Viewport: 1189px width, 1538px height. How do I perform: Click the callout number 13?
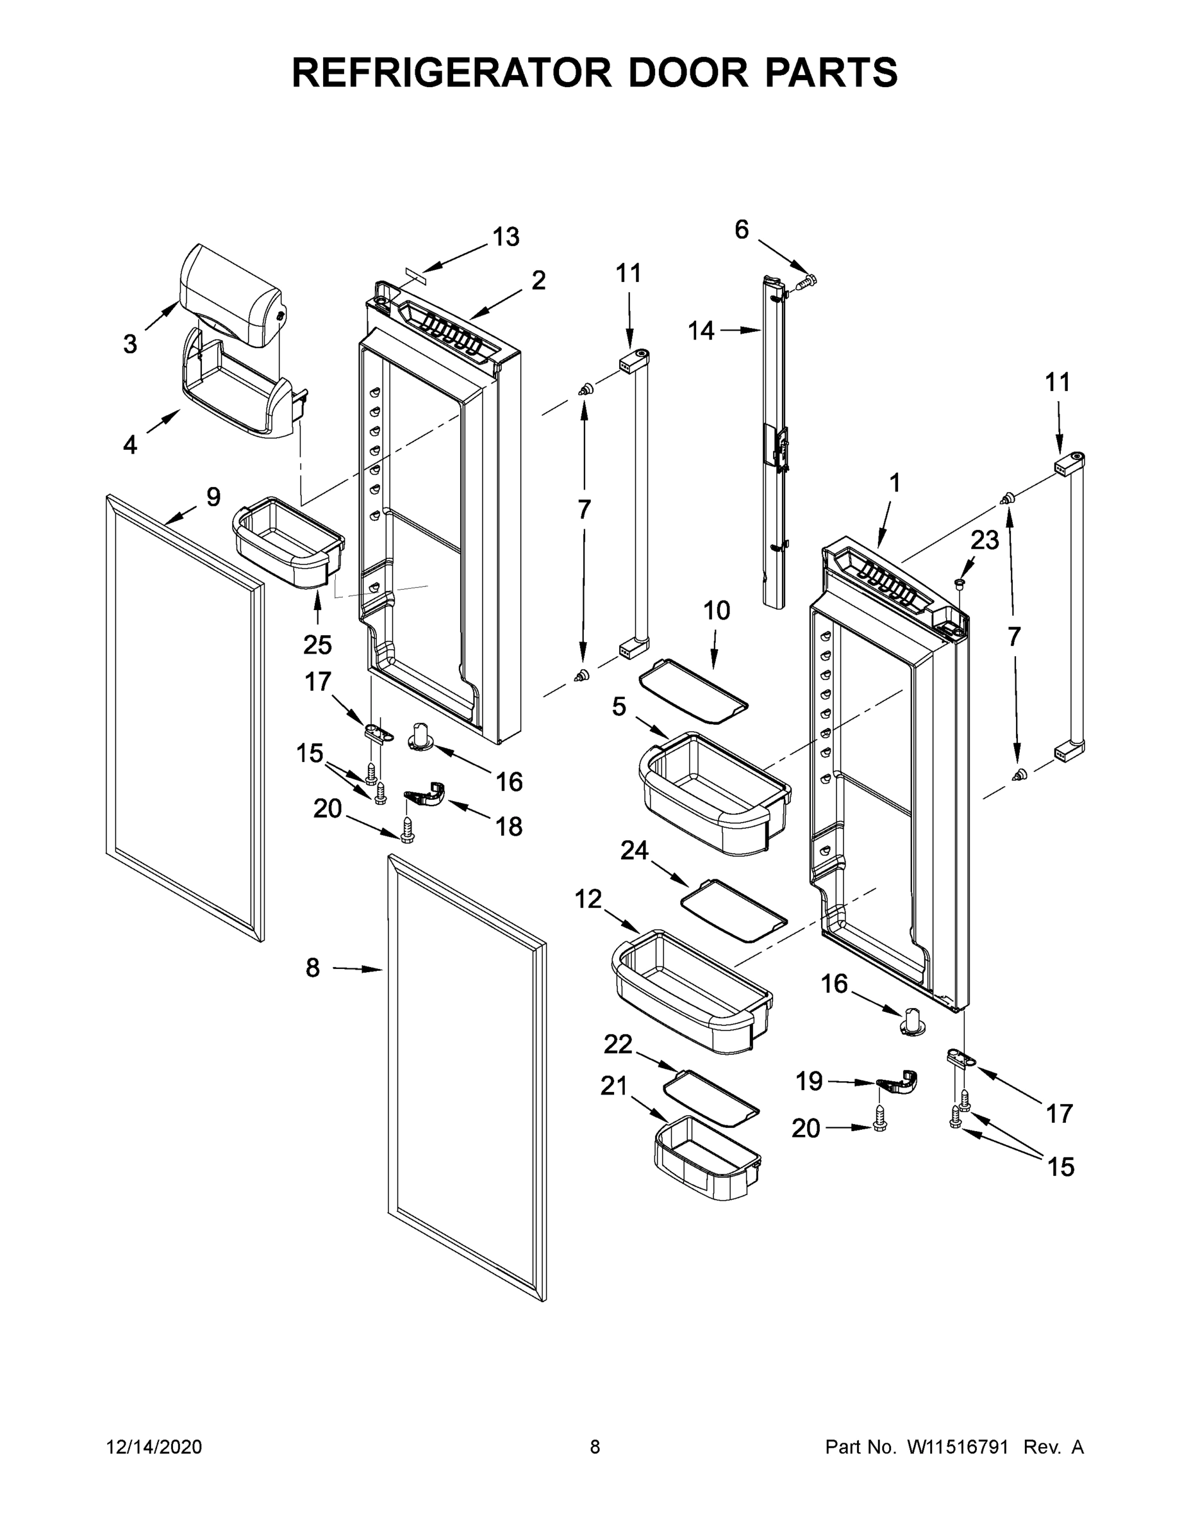pyautogui.click(x=506, y=237)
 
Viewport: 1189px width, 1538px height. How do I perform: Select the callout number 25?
pyautogui.click(x=317, y=644)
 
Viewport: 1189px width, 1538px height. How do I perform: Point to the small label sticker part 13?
pyautogui.click(x=415, y=273)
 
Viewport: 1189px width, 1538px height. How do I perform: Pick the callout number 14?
pyautogui.click(x=701, y=330)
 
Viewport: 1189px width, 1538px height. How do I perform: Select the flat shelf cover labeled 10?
pyautogui.click(x=692, y=691)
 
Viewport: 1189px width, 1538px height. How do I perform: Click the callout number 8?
pyautogui.click(x=313, y=968)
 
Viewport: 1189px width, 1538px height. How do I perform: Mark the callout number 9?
pyautogui.click(x=213, y=497)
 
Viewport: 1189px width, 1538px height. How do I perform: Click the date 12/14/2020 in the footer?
pyautogui.click(x=154, y=1446)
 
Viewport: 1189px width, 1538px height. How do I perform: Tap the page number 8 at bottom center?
pyautogui.click(x=595, y=1446)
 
